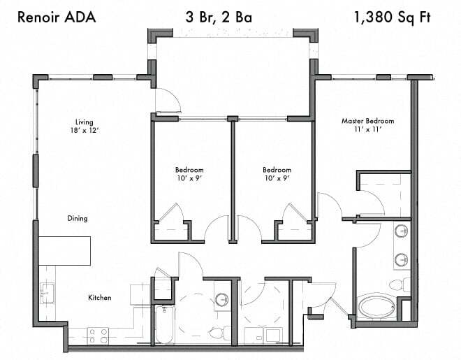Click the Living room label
pyautogui.click(x=85, y=122)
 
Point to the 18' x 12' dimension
pyautogui.click(x=85, y=131)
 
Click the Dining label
pyautogui.click(x=78, y=219)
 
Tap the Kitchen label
pyautogui.click(x=99, y=298)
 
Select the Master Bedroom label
pyautogui.click(x=367, y=121)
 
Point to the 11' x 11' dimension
pyautogui.click(x=367, y=130)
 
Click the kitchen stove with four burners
pyautogui.click(x=98, y=336)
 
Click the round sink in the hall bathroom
pyautogui.click(x=221, y=300)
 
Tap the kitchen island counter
pyautogui.click(x=65, y=250)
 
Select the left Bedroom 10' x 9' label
pyautogui.click(x=189, y=173)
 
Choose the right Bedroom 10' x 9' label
pyautogui.click(x=277, y=173)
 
